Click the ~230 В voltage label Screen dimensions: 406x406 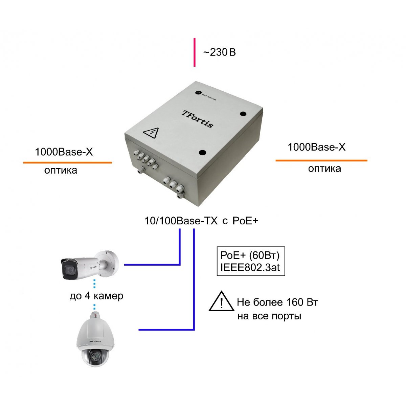tap(219, 52)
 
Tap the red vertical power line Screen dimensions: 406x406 tap(195, 52)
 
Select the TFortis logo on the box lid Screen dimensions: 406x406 tap(198, 118)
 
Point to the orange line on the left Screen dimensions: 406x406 tap(67, 163)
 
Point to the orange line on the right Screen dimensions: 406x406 tap(321, 160)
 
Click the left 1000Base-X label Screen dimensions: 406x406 tap(64, 152)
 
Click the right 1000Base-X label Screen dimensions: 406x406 tap(316, 147)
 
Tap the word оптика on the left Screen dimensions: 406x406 tap(61, 170)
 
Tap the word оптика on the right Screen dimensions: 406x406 tap(324, 168)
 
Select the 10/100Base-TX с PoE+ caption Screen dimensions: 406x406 tap(201, 221)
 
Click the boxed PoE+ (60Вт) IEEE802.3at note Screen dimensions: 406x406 tap(251, 261)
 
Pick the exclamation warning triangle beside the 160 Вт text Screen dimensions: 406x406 tap(221, 302)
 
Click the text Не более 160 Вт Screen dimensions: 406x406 tap(277, 302)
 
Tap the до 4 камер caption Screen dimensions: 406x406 tap(96, 296)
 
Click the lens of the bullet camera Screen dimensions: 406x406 tap(70, 270)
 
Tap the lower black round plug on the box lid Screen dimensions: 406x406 tap(203, 153)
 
